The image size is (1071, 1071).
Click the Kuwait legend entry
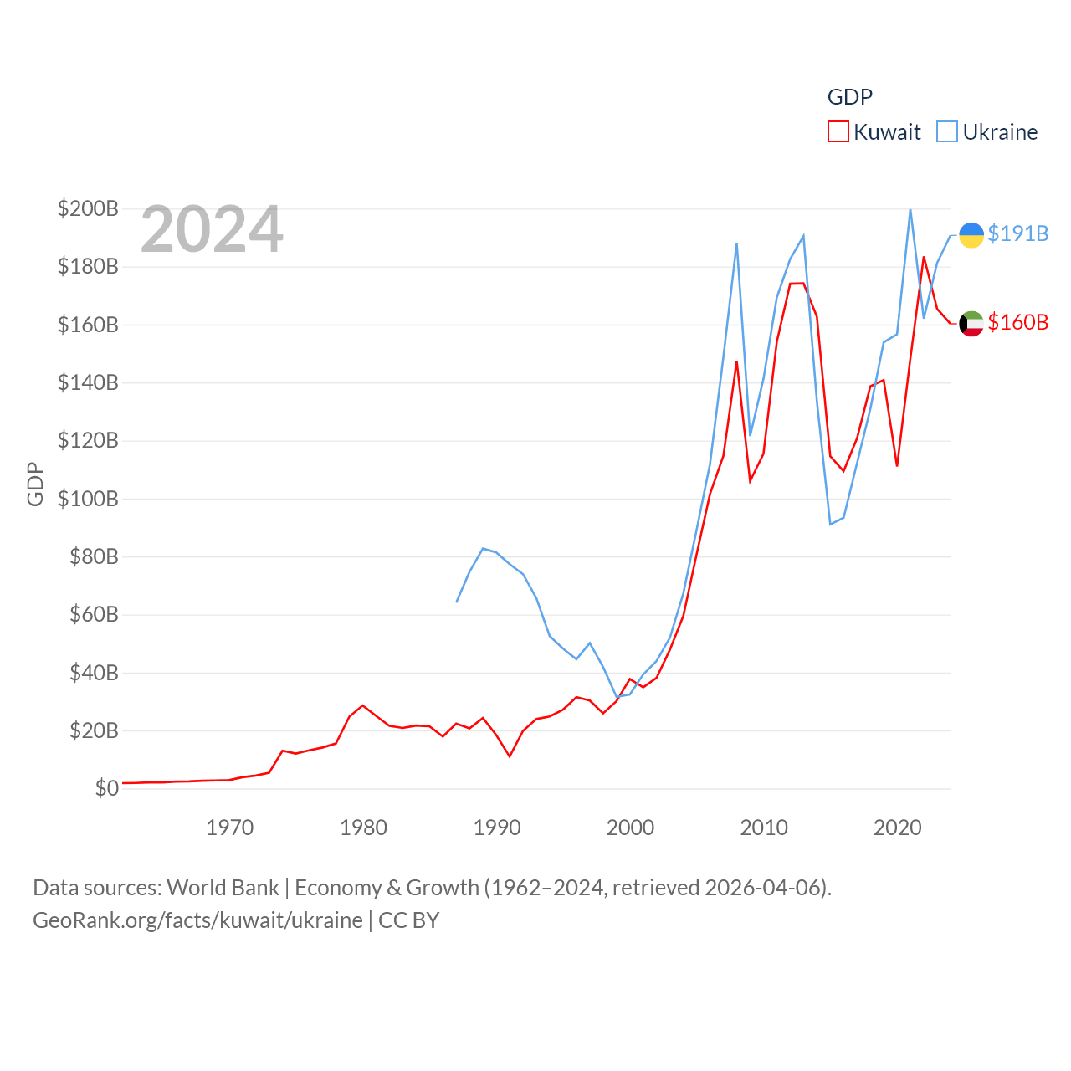[x=874, y=132]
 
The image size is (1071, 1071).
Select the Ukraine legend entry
[x=987, y=132]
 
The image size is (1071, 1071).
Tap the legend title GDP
[x=849, y=97]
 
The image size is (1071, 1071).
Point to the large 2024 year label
[x=212, y=229]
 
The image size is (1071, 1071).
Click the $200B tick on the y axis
[x=88, y=208]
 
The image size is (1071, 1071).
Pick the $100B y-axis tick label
[x=88, y=499]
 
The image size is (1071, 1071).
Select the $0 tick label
[x=106, y=788]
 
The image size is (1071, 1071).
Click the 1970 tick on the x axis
[x=229, y=828]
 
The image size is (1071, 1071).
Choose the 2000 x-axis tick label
[x=630, y=828]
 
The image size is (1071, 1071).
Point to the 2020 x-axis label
[x=897, y=828]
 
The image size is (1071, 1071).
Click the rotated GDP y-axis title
[x=35, y=484]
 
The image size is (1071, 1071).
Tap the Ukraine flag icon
[x=971, y=235]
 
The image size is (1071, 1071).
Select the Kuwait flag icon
[x=971, y=323]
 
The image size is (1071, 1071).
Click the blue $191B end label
[x=1017, y=233]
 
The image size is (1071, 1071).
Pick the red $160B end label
[x=1017, y=322]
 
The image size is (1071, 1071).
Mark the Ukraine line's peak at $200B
[x=910, y=209]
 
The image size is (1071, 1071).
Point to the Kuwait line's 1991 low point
[x=510, y=756]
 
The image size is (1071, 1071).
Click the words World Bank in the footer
[x=223, y=887]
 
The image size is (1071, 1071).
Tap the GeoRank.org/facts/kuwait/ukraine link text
[x=197, y=920]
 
